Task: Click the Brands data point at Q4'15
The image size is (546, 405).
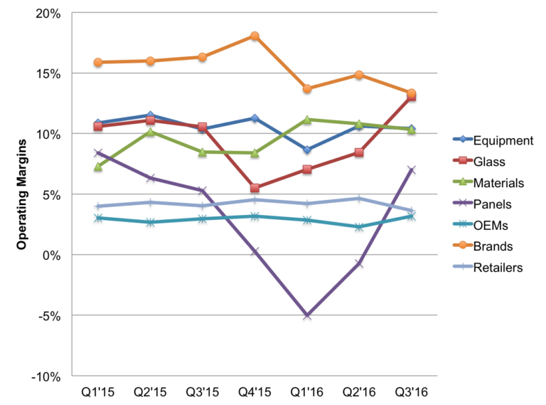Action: click(255, 36)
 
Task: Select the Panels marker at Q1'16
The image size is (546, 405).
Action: click(306, 315)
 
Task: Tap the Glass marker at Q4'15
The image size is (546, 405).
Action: click(255, 188)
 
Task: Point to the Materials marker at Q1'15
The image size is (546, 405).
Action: click(98, 167)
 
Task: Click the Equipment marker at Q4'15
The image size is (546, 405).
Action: click(255, 118)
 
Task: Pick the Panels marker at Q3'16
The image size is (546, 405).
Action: click(411, 170)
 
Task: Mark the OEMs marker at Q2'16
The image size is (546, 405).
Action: click(359, 227)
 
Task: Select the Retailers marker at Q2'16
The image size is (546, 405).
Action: click(359, 199)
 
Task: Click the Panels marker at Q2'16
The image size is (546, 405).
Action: click(359, 263)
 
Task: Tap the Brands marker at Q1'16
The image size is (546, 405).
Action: click(306, 89)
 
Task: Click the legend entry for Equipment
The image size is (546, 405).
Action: click(491, 140)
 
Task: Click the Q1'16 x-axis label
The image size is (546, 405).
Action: click(306, 392)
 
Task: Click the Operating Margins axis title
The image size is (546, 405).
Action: click(21, 194)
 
